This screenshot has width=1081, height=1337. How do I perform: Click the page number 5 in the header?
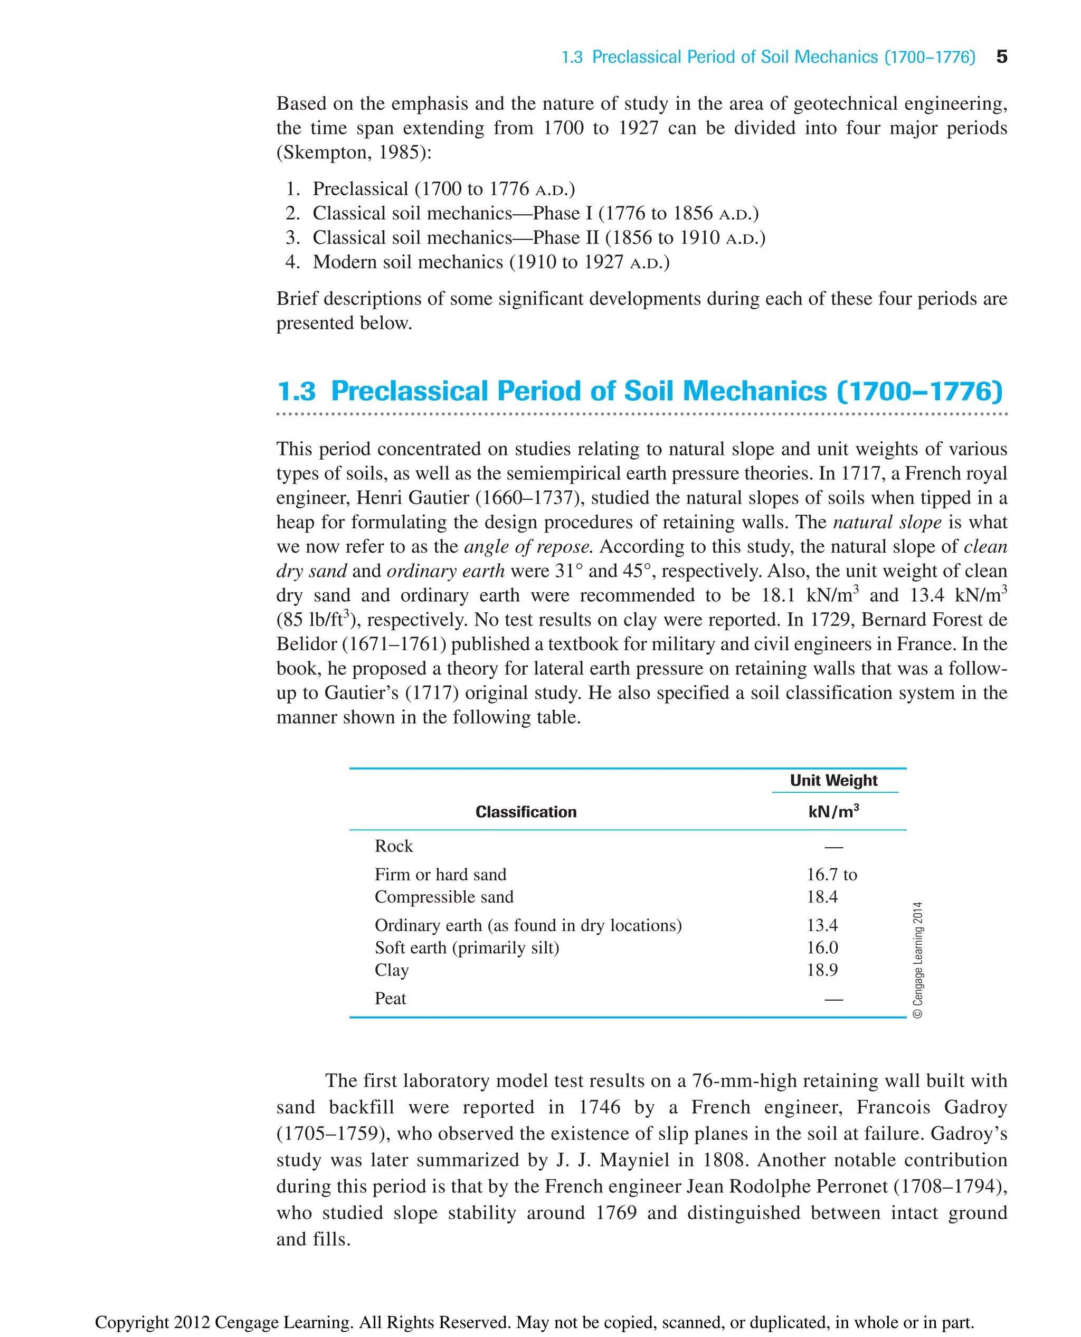coord(1001,56)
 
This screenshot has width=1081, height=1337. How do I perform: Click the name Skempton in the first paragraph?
coord(323,153)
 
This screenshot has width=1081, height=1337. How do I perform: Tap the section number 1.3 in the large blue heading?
coord(297,392)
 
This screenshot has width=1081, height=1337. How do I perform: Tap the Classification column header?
coord(526,811)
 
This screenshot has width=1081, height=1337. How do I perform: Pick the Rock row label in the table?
coord(394,846)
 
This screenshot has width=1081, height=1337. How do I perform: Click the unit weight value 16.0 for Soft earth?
coord(822,948)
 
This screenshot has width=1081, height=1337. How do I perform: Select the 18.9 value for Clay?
coord(822,970)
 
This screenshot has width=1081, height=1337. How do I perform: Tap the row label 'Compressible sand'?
coord(444,897)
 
